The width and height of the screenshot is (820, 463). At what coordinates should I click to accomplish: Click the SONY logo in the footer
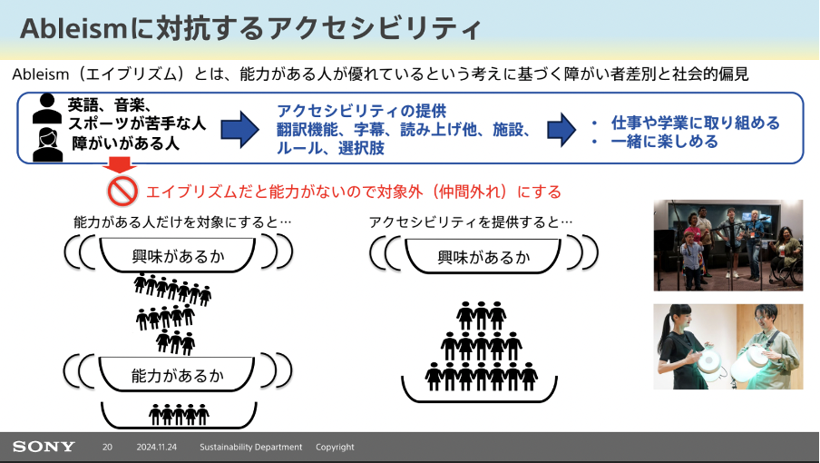(x=44, y=447)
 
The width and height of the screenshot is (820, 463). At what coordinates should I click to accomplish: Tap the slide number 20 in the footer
(x=107, y=447)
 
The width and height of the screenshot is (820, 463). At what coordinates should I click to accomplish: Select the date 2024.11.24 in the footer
(x=156, y=447)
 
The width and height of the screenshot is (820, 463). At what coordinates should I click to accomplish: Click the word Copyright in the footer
(x=335, y=447)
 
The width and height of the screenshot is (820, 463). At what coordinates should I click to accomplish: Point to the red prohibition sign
(x=122, y=192)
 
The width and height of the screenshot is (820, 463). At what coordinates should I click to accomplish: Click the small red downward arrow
(x=120, y=166)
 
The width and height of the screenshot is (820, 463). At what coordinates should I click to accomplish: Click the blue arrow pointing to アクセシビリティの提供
(x=240, y=129)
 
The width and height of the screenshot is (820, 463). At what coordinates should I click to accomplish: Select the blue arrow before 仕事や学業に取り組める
(x=561, y=129)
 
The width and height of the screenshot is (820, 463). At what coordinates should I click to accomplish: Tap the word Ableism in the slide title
(x=73, y=28)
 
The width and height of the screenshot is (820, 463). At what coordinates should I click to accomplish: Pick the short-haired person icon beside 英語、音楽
(x=47, y=108)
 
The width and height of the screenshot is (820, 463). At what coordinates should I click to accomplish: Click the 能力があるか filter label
(x=177, y=375)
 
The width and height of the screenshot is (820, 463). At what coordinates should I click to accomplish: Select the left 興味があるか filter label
(x=178, y=256)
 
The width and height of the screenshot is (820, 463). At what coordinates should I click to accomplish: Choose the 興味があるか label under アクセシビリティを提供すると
(x=483, y=257)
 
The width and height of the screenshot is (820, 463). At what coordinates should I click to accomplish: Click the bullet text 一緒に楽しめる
(x=664, y=142)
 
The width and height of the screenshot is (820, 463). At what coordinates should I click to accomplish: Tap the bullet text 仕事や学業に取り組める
(x=696, y=123)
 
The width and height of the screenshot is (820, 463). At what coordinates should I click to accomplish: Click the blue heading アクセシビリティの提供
(x=361, y=111)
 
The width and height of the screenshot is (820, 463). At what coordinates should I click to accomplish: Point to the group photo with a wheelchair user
(x=728, y=245)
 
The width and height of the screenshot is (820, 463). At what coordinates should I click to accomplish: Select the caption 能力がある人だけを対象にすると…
(x=182, y=222)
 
